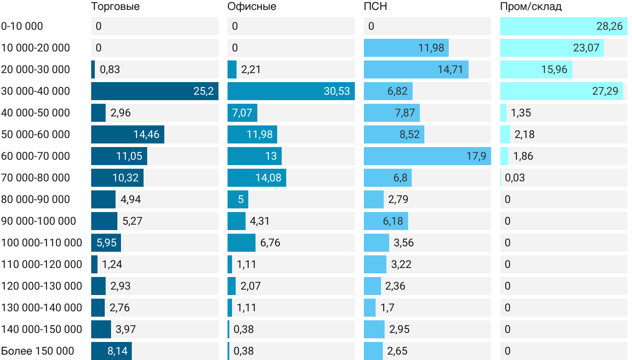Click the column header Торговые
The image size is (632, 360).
click(115, 7)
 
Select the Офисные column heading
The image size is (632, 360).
click(252, 7)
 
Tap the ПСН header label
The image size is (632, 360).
click(375, 7)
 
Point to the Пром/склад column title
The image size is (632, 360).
click(530, 7)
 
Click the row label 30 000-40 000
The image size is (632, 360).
click(36, 91)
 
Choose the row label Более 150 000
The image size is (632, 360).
click(37, 351)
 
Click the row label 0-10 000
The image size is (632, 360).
click(22, 26)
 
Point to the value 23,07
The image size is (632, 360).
click(586, 48)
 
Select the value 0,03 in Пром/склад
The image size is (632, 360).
click(515, 178)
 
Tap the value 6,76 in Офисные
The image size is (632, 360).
click(270, 243)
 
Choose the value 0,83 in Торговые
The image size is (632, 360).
click(110, 69)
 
